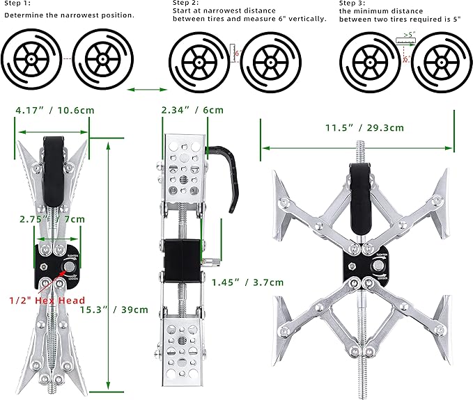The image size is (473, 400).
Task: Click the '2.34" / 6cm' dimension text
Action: tap(192, 109)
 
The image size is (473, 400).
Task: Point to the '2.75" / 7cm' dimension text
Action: tap(52, 218)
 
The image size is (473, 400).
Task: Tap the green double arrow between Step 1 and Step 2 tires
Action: tap(148, 89)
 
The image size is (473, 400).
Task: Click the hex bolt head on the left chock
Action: tap(70, 268)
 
